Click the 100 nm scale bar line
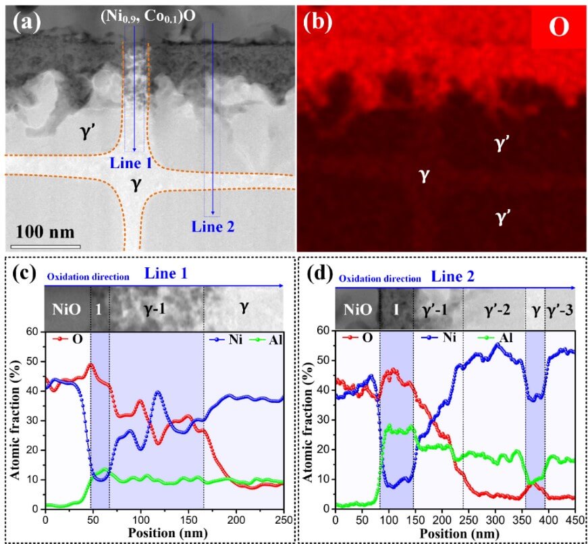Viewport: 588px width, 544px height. pyautogui.click(x=45, y=245)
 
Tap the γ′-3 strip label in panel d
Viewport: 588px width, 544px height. pyautogui.click(x=560, y=310)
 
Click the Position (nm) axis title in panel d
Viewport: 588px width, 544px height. pyautogui.click(x=454, y=533)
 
